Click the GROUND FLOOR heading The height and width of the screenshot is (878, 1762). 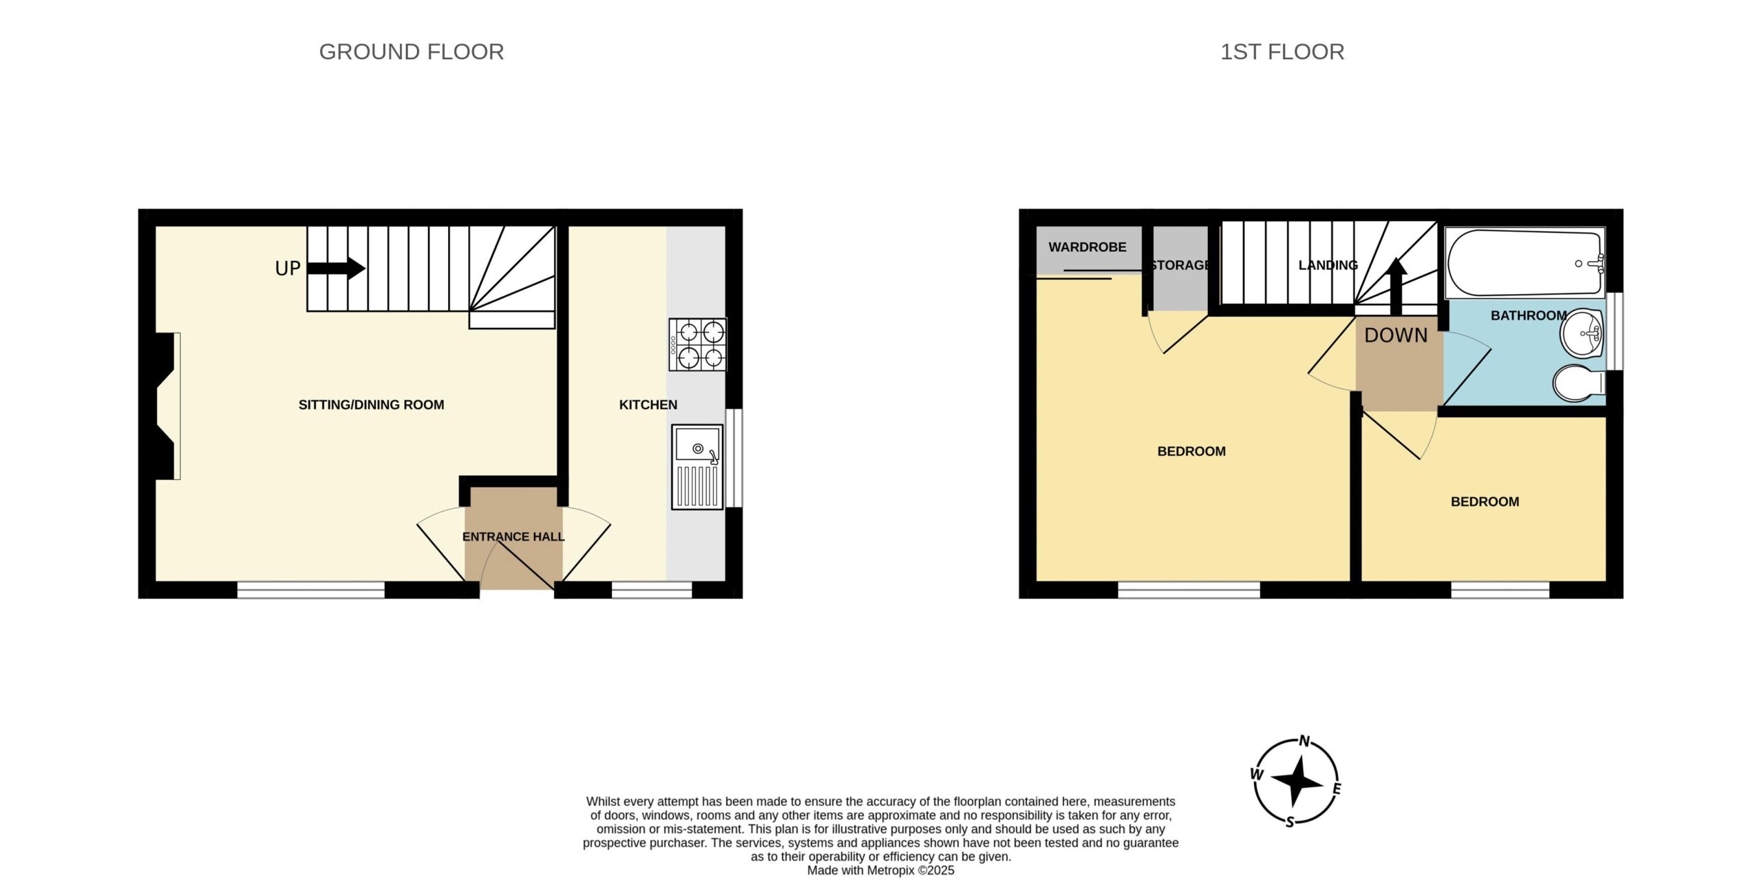point(412,52)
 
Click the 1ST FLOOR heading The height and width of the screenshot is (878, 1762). point(1282,52)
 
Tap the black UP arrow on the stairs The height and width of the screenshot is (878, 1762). point(336,268)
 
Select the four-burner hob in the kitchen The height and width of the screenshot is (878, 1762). point(698,345)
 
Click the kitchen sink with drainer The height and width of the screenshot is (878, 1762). point(697,467)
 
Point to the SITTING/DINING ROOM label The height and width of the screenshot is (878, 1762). point(371,405)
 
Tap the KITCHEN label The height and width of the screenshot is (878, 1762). point(648,405)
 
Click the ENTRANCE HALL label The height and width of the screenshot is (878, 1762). point(513,536)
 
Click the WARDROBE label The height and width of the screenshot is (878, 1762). point(1087,247)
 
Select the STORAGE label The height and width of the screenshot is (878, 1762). point(1180,265)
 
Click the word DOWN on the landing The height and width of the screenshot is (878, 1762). point(1396,335)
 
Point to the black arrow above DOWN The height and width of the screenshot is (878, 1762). point(1396,286)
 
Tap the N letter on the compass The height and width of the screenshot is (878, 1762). point(1304,742)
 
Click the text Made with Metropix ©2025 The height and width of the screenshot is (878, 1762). point(880,870)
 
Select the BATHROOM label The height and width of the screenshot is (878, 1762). point(1529,315)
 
